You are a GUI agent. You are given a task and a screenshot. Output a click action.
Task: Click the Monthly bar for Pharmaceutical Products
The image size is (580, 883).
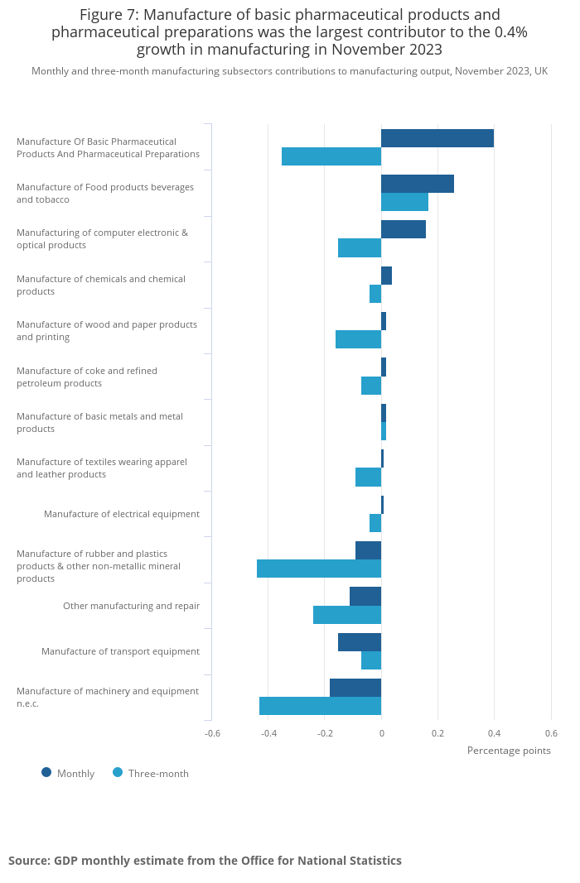(437, 138)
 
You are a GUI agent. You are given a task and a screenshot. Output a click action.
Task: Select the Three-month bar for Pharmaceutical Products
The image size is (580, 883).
(331, 156)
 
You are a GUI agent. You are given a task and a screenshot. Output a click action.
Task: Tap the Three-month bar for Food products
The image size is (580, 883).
(404, 202)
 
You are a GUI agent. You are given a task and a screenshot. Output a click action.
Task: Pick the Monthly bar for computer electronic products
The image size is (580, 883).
(404, 229)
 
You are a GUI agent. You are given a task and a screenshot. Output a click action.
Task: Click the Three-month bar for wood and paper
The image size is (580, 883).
(358, 339)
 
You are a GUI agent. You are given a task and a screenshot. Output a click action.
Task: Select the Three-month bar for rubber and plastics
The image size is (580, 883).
(319, 569)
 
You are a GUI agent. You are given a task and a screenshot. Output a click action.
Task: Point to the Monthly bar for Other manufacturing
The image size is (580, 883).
(365, 596)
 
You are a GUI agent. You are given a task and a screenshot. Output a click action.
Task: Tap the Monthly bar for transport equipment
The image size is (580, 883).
(360, 642)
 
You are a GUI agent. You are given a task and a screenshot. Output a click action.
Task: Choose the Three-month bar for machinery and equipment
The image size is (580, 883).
(320, 706)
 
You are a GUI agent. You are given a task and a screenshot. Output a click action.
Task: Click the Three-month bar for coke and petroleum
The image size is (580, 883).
(371, 386)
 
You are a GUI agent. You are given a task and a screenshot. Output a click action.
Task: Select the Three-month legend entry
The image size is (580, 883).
(151, 774)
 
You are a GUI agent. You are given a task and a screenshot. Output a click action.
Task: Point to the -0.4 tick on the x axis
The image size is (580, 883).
(268, 733)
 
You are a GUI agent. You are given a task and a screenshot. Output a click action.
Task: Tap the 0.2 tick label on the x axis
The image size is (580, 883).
(437, 733)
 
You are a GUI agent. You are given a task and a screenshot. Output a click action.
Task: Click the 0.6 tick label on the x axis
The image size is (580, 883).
(551, 733)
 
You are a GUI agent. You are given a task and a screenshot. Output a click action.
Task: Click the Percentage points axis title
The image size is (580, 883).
(509, 751)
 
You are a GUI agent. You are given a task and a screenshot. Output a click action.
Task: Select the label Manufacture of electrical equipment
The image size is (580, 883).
(122, 514)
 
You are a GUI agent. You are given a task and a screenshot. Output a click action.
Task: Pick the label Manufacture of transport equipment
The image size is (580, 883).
(120, 651)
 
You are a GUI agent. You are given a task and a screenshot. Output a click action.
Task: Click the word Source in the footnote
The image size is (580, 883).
(28, 861)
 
